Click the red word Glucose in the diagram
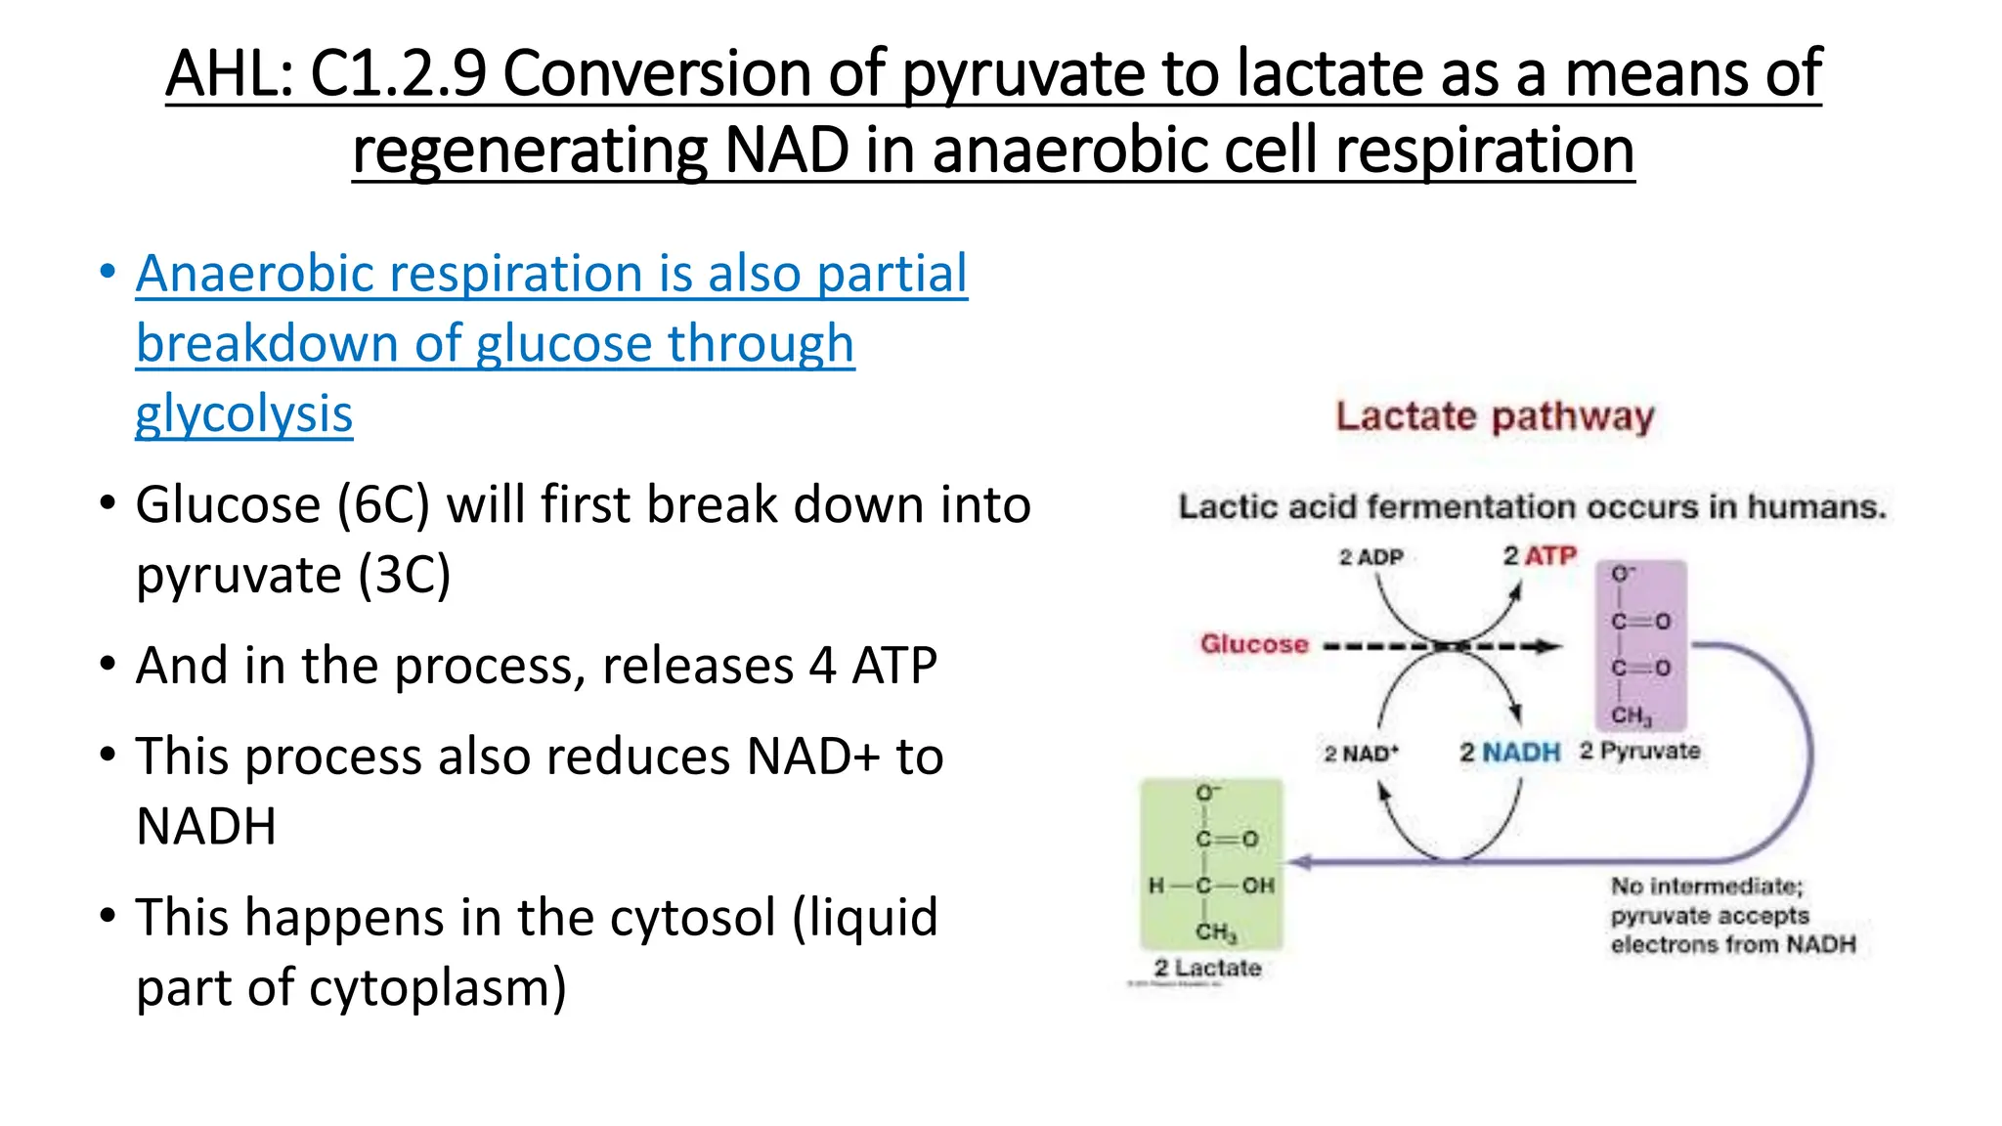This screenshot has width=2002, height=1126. tap(1254, 644)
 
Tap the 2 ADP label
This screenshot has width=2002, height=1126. tap(1371, 557)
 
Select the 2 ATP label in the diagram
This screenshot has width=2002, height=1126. tap(1540, 555)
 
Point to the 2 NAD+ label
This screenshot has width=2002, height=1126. tap(1361, 754)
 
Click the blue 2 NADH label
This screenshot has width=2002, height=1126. tap(1509, 753)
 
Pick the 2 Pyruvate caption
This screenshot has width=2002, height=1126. tap(1639, 751)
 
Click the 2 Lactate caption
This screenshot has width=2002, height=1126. tap(1207, 968)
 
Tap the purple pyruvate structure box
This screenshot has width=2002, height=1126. tap(1641, 645)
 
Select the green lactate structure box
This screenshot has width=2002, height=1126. tap(1211, 863)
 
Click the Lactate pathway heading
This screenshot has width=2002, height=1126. tap(1495, 416)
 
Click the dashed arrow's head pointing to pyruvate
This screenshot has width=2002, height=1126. tap(1550, 646)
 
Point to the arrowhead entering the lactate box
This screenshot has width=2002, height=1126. tap(1298, 862)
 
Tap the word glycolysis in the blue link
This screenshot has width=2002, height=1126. tap(243, 413)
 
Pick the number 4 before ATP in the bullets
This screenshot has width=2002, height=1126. tap(822, 666)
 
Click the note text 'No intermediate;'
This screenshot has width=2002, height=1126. tap(1707, 886)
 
